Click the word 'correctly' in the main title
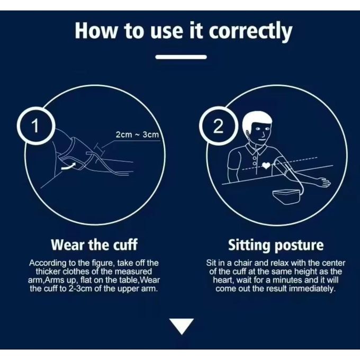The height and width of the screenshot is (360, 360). [x=250, y=32]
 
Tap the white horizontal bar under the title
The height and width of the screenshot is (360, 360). [x=181, y=57]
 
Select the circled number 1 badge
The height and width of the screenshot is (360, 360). [x=37, y=126]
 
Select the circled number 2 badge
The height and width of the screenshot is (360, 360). [x=218, y=126]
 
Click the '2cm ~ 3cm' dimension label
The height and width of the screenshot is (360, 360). [x=137, y=134]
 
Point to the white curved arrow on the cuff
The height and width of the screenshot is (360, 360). [x=68, y=166]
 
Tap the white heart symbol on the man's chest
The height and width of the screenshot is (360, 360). [x=266, y=165]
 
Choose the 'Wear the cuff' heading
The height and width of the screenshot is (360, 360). [x=94, y=245]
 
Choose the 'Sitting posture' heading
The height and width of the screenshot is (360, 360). [x=276, y=245]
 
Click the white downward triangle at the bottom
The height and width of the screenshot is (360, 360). [x=182, y=326]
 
